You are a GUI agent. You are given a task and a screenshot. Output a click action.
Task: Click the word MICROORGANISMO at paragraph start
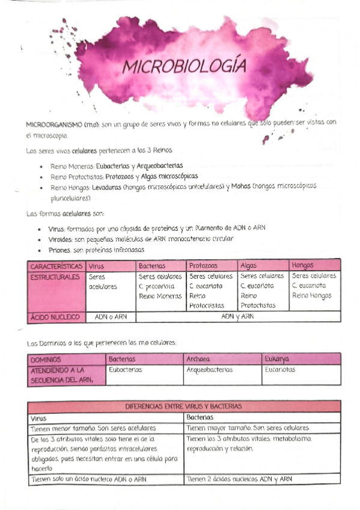click(x=53, y=124)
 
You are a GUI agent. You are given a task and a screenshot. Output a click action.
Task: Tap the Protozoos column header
click(x=203, y=265)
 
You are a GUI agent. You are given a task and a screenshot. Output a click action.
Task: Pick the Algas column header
click(x=248, y=265)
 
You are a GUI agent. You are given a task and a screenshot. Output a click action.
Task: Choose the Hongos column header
click(x=302, y=265)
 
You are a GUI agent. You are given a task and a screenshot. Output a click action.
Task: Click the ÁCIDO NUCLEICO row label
click(x=55, y=316)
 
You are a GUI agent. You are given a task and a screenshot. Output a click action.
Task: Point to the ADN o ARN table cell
click(x=111, y=316)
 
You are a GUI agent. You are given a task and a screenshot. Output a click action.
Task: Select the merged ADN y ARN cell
click(x=238, y=316)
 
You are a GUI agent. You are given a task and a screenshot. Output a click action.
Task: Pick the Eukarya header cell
click(x=277, y=359)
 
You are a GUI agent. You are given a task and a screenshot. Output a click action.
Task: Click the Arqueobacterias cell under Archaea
click(x=210, y=370)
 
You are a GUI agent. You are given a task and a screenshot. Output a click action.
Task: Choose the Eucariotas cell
click(x=280, y=370)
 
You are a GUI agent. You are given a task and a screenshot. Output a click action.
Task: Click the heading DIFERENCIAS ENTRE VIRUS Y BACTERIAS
click(x=183, y=407)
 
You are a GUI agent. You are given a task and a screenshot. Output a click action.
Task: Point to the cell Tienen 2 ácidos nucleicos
click(x=239, y=479)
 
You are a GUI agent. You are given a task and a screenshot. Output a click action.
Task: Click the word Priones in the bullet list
click(x=59, y=250)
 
